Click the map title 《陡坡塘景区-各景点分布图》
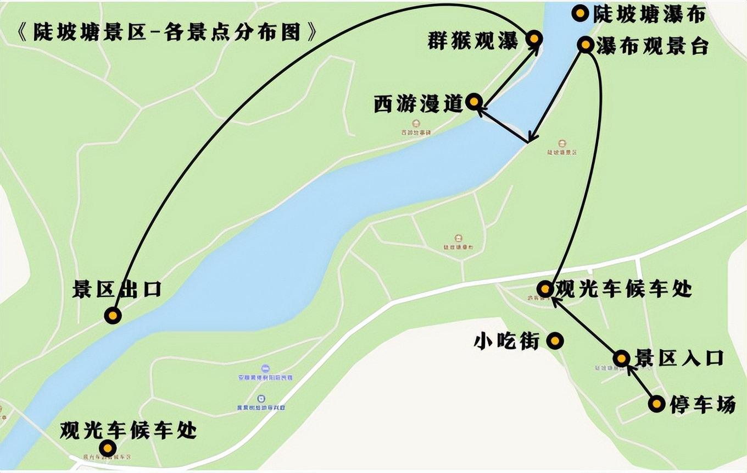pyautogui.click(x=168, y=32)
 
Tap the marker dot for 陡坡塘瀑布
pyautogui.click(x=580, y=13)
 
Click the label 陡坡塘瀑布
pyautogui.click(x=648, y=14)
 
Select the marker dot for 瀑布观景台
pyautogui.click(x=586, y=45)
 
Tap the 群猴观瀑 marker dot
pyautogui.click(x=534, y=38)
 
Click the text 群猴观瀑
pyautogui.click(x=472, y=40)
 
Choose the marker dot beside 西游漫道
pyautogui.click(x=474, y=101)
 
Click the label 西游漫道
pyautogui.click(x=419, y=103)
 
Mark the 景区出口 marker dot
pyautogui.click(x=113, y=315)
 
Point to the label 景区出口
pyautogui.click(x=116, y=289)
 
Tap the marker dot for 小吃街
pyautogui.click(x=555, y=341)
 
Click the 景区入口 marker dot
pyautogui.click(x=621, y=359)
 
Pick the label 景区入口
pyautogui.click(x=679, y=359)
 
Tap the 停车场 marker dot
pyautogui.click(x=656, y=404)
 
